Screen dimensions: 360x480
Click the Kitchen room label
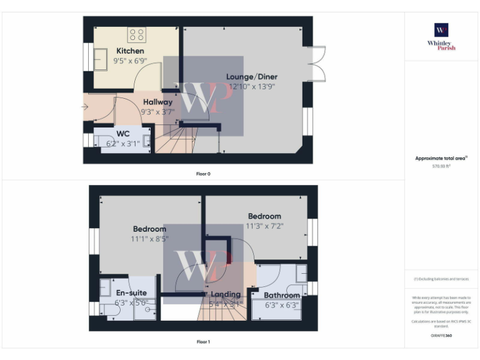click(130, 51)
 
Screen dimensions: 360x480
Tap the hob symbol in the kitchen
click(137, 34)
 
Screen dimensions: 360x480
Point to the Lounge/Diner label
click(252, 77)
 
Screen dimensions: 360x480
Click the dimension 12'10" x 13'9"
click(252, 87)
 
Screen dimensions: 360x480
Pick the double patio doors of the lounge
click(317, 63)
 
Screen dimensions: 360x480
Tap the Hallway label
click(157, 102)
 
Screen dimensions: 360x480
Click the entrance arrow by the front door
click(86, 107)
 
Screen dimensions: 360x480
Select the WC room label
click(123, 133)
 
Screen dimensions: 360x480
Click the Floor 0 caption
click(203, 173)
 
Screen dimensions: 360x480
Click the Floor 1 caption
click(203, 342)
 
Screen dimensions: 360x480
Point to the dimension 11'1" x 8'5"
click(149, 238)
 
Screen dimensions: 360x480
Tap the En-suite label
click(131, 292)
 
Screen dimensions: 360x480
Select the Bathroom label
click(281, 296)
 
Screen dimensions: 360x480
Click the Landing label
click(226, 294)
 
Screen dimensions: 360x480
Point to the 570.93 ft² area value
click(441, 167)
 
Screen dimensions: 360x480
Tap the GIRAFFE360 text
click(441, 336)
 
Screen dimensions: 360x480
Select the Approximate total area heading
click(441, 159)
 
